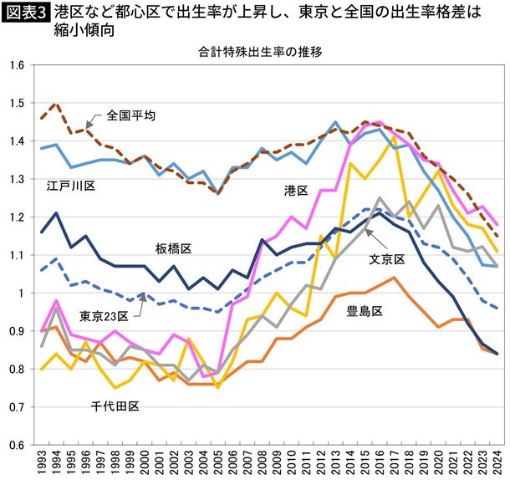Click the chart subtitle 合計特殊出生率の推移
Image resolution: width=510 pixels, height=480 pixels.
pyautogui.click(x=259, y=51)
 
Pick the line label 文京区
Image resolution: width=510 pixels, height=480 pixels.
pyautogui.click(x=387, y=260)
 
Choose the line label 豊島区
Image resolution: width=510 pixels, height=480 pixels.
pyautogui.click(x=365, y=311)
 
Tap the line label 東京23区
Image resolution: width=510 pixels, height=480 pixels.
pyautogui.click(x=105, y=316)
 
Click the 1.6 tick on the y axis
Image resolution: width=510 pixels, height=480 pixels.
pyautogui.click(x=15, y=65)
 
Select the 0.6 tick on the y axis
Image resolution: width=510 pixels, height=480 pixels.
pyautogui.click(x=15, y=444)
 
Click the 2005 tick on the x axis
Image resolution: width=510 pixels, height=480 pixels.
pyautogui.click(x=219, y=464)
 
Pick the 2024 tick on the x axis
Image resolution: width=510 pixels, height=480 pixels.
pyautogui.click(x=497, y=464)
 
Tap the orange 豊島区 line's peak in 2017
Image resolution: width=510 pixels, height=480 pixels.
pyautogui.click(x=394, y=278)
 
